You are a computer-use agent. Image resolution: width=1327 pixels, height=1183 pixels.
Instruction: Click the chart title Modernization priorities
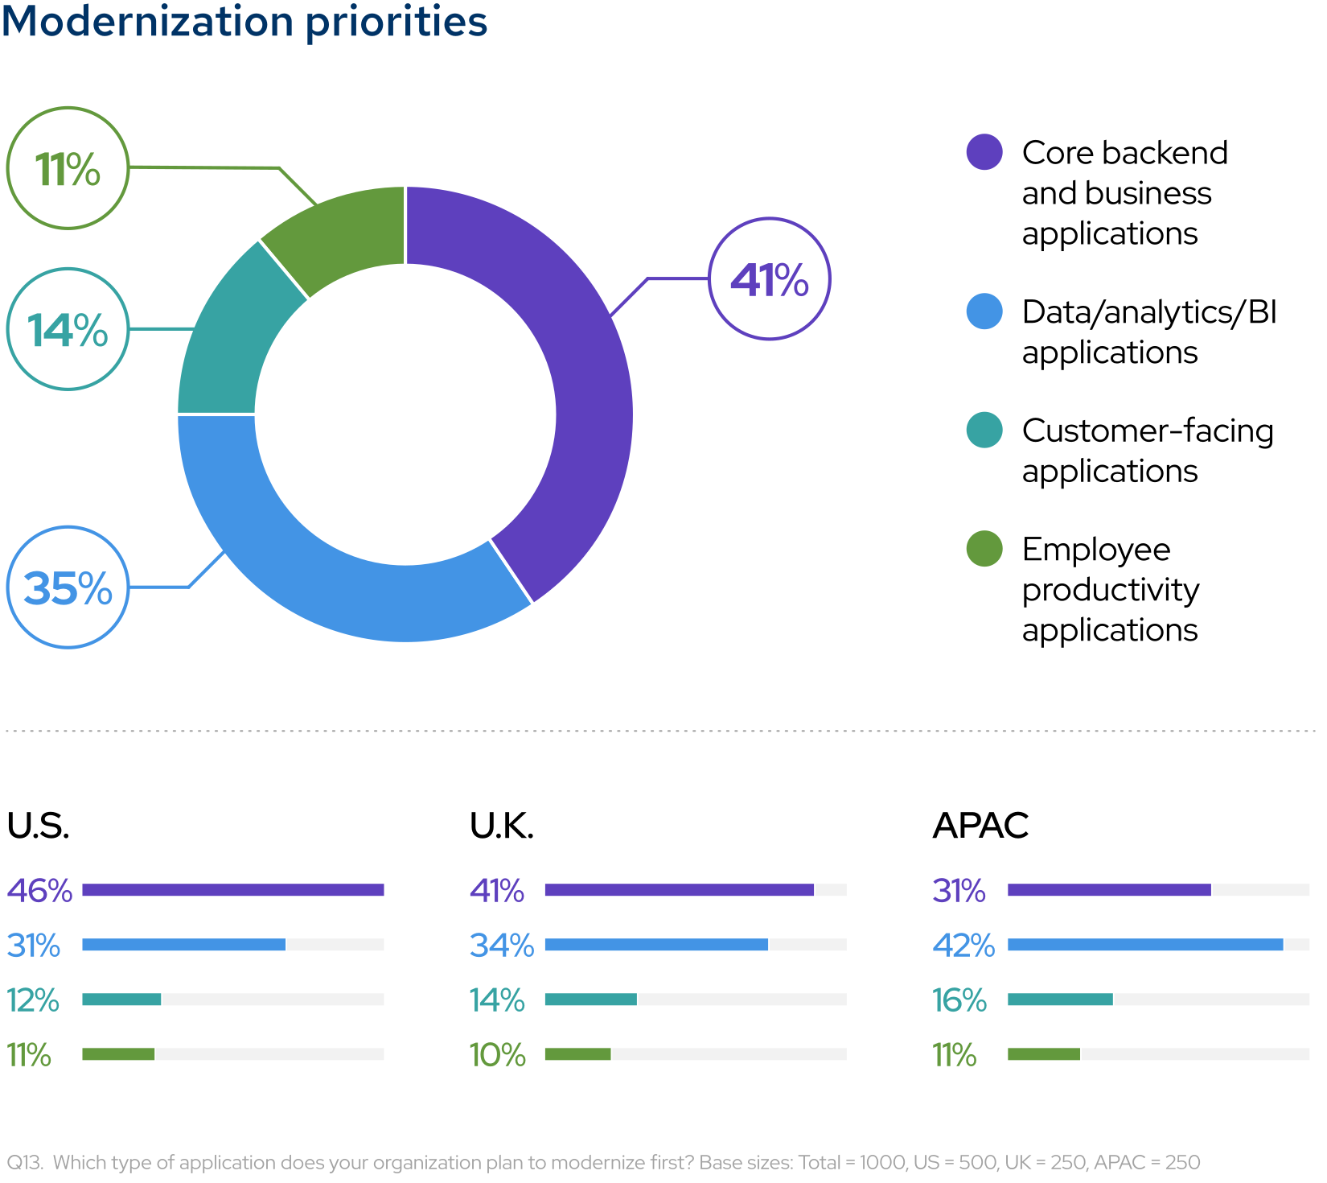[244, 21]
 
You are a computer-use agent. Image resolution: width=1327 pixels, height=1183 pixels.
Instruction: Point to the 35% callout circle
[68, 587]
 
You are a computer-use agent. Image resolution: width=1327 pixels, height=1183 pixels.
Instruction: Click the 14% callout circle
[68, 329]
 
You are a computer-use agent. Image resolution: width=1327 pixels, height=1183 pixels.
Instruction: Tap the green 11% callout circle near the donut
[68, 168]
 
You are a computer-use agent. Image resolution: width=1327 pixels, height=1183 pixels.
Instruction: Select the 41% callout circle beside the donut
[769, 279]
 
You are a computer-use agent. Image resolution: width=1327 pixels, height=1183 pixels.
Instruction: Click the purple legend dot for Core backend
[984, 152]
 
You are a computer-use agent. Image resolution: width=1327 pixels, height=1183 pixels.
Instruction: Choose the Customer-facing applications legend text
[1147, 451]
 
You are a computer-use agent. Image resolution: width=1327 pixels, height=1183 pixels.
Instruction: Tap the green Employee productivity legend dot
[984, 549]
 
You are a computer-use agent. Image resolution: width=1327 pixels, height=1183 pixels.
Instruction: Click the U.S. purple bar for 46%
[233, 889]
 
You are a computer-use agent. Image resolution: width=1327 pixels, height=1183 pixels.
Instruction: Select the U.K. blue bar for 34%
[656, 944]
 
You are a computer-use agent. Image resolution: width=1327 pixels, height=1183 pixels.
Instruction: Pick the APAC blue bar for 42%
[1145, 944]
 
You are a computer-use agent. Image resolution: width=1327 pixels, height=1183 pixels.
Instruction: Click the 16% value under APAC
[959, 1000]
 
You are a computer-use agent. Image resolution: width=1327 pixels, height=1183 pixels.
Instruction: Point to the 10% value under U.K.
[497, 1055]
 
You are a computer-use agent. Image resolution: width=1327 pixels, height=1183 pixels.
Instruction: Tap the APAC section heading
[980, 826]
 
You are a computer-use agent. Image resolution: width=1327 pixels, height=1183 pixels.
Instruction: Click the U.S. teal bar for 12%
[121, 999]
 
